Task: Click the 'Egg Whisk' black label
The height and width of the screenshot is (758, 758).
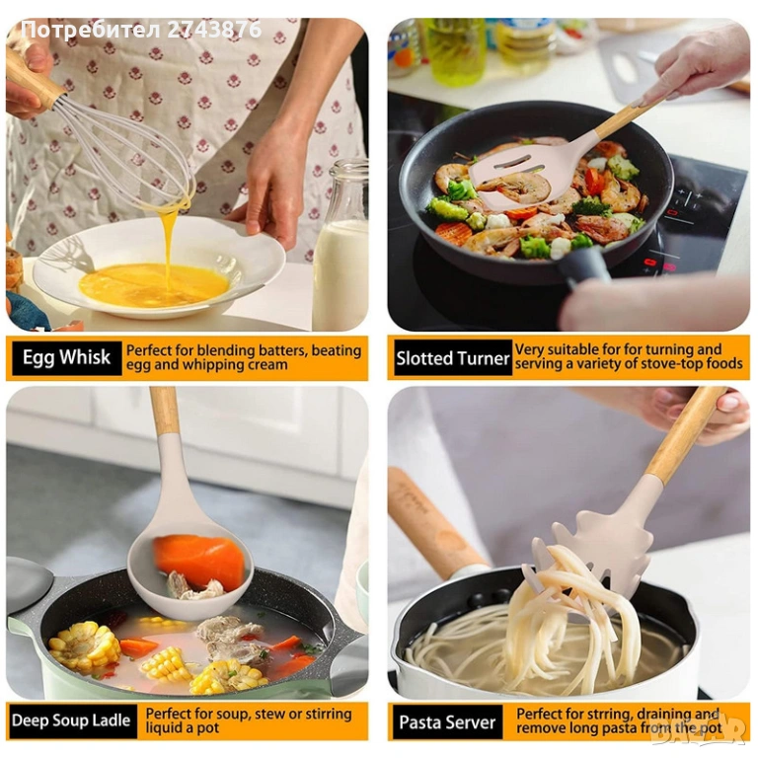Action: click(67, 358)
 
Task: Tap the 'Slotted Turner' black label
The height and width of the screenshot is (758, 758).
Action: click(453, 358)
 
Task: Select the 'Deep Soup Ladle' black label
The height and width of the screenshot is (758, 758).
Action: click(71, 720)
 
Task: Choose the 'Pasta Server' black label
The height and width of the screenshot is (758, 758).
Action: click(448, 722)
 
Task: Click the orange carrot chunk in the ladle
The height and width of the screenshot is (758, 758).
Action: click(199, 561)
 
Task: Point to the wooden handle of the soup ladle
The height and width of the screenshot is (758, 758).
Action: click(165, 411)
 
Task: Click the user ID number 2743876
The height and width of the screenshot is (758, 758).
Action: click(214, 30)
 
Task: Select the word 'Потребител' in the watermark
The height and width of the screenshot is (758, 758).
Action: click(91, 30)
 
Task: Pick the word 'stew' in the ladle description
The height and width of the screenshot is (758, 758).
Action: click(270, 714)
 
